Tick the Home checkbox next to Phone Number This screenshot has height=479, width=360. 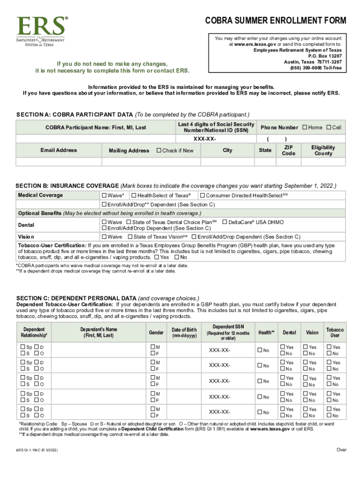pyautogui.click(x=305, y=127)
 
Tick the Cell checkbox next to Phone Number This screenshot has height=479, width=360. pyautogui.click(x=329, y=127)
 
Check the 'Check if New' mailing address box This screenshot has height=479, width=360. pyautogui.click(x=159, y=151)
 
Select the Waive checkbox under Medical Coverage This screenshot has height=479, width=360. pyautogui.click(x=104, y=195)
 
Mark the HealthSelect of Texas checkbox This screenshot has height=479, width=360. pyautogui.click(x=134, y=195)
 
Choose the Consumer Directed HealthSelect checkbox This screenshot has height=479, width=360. pyautogui.click(x=202, y=195)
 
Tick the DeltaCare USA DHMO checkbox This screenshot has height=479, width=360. pyautogui.click(x=225, y=222)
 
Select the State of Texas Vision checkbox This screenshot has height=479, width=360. pyautogui.click(x=130, y=237)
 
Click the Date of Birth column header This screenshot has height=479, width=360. pyautogui.click(x=184, y=333)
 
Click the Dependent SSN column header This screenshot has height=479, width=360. pyautogui.click(x=228, y=332)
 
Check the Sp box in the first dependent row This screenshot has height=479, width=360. pyautogui.click(x=23, y=347)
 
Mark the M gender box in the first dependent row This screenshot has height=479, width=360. pyautogui.click(x=152, y=347)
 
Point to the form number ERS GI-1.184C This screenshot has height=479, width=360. pyautogui.click(x=37, y=451)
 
